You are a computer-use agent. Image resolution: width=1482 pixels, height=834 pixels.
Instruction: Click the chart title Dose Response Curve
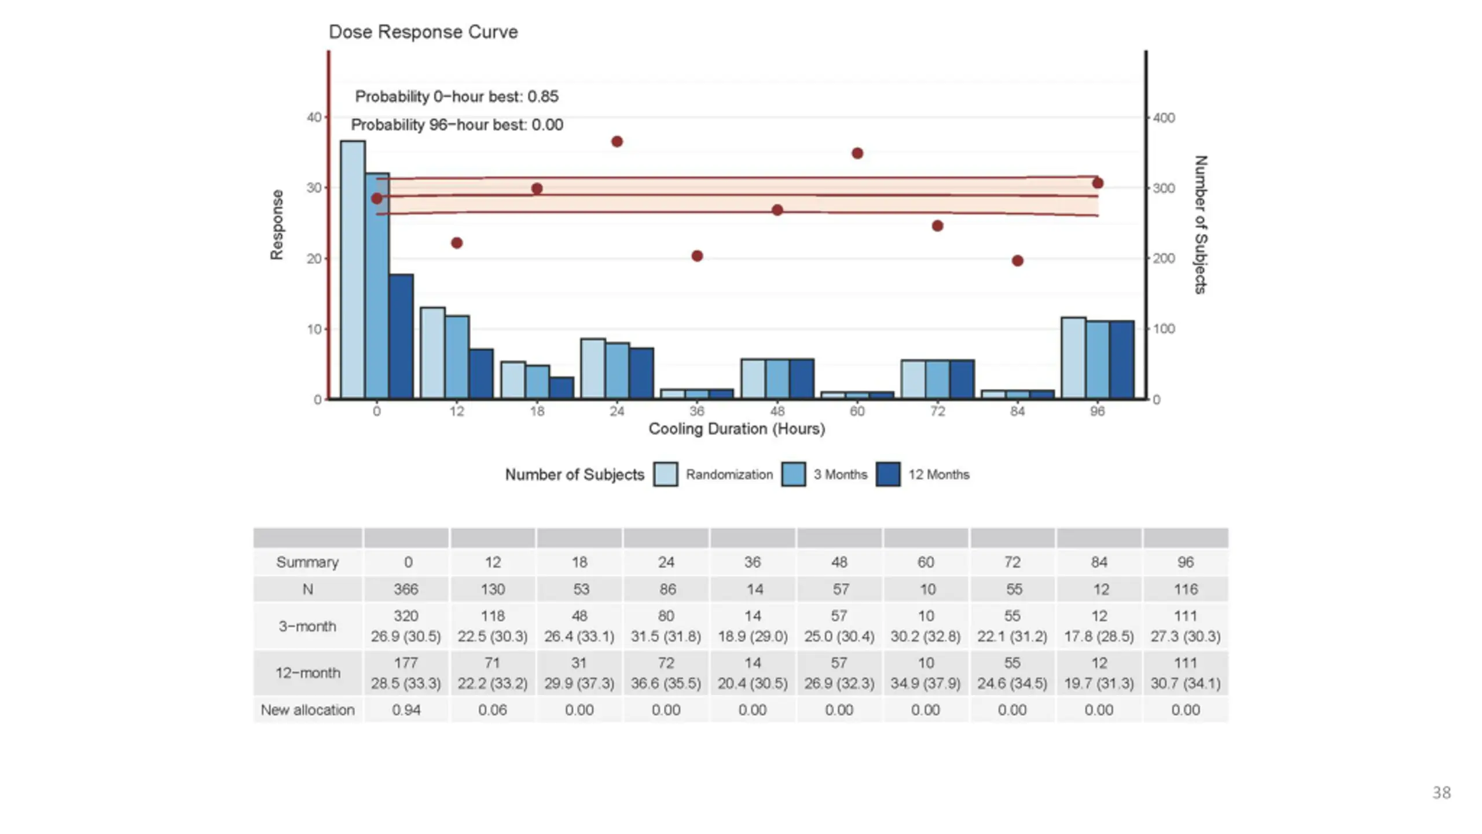[x=423, y=32]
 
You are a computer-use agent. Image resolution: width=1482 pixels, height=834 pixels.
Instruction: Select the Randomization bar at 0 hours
[x=353, y=270]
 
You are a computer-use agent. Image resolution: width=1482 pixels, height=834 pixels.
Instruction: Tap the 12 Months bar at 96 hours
[x=1121, y=360]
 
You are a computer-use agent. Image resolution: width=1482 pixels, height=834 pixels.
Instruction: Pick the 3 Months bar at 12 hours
[x=457, y=357]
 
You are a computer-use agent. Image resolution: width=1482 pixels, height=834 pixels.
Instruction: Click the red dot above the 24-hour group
[x=617, y=142]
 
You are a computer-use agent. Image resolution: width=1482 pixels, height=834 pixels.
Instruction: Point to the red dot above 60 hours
[x=857, y=153]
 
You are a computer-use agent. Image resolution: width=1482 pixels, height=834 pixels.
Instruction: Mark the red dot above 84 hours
[x=1018, y=261]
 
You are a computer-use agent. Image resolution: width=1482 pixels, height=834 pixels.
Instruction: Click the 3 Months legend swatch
[x=793, y=474]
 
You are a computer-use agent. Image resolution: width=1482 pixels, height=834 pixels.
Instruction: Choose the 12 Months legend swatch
[x=888, y=474]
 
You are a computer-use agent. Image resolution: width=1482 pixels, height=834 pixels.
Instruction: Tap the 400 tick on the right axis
[x=1164, y=118]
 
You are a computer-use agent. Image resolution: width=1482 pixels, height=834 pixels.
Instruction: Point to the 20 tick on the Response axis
[x=314, y=259]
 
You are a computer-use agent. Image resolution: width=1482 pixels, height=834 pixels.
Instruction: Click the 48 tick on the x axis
[x=777, y=411]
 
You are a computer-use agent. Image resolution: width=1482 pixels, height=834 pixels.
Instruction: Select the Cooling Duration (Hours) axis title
[x=736, y=429]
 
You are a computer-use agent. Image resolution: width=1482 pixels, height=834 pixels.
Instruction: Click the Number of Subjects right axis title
[x=1201, y=225]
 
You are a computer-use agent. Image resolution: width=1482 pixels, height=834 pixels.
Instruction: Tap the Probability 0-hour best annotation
[x=456, y=97]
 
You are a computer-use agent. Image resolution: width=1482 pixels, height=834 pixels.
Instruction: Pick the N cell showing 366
[x=406, y=590]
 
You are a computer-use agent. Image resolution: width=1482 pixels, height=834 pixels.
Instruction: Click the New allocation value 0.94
[x=406, y=710]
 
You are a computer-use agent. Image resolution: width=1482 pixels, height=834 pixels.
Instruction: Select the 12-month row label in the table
[x=307, y=673]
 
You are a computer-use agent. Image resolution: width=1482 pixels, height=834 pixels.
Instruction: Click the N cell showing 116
[x=1185, y=590]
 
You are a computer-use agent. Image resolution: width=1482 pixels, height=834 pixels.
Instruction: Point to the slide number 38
[x=1441, y=793]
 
